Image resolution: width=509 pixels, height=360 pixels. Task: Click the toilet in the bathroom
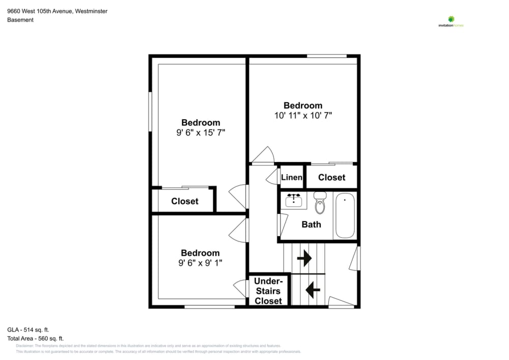tap(320, 203)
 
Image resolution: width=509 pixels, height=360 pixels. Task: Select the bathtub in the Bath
tap(345, 215)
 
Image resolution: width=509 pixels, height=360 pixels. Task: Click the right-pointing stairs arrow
tap(304, 259)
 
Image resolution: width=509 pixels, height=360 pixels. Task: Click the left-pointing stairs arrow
tap(312, 290)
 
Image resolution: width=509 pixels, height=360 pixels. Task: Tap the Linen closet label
tap(292, 177)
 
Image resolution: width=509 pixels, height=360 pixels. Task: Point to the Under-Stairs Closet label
tap(268, 291)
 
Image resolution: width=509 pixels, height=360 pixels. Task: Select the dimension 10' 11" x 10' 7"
tap(303, 116)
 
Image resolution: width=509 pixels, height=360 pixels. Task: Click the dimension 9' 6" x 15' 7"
tap(201, 132)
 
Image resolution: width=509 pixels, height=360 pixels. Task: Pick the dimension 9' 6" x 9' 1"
tap(201, 263)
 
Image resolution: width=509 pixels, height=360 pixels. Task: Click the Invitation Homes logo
tap(451, 21)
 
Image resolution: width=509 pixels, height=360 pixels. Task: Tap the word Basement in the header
tap(20, 20)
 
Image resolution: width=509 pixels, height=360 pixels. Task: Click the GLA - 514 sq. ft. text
tap(28, 329)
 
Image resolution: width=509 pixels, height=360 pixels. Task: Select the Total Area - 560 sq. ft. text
tap(35, 338)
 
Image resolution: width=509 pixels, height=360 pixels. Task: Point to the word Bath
tap(311, 224)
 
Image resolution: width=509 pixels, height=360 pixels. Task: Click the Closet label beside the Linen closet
tap(331, 177)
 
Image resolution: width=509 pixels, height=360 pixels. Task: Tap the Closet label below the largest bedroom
tap(184, 201)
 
